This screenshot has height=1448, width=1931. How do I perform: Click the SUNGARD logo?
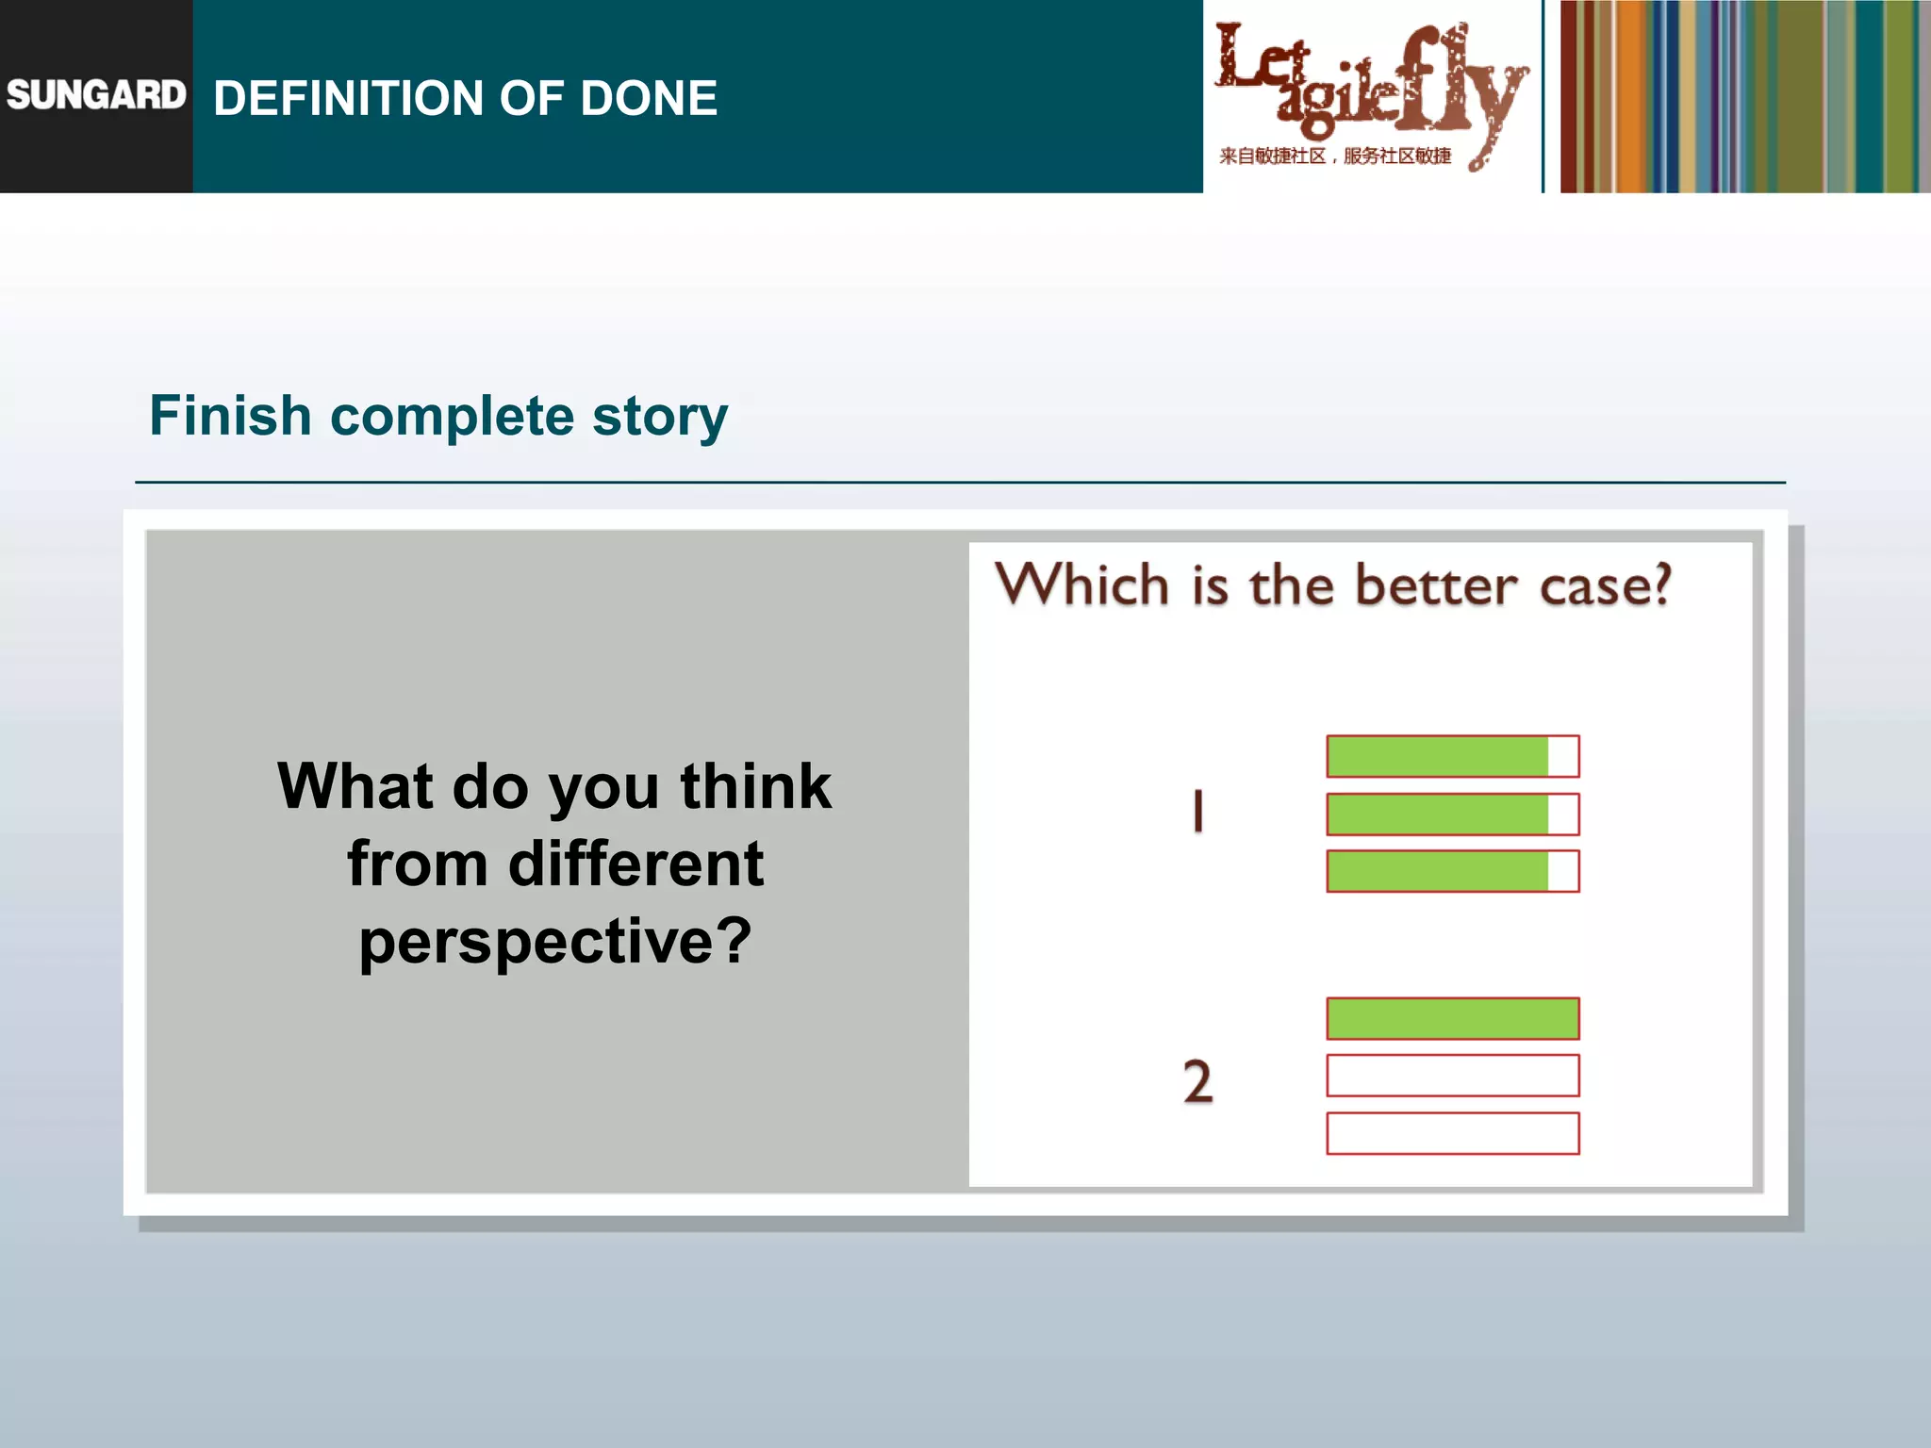click(x=96, y=95)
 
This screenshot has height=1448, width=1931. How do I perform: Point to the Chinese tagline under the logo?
click(x=1334, y=156)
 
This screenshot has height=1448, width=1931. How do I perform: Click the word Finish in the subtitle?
click(x=230, y=416)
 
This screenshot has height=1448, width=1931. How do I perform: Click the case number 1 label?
click(x=1197, y=812)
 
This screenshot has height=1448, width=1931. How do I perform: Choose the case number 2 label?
click(x=1197, y=1080)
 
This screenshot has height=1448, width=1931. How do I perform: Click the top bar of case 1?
click(x=1452, y=756)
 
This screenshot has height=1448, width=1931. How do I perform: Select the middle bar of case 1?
click(x=1452, y=814)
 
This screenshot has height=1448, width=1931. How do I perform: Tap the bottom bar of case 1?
click(x=1452, y=871)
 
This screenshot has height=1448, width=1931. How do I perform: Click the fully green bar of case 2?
click(x=1452, y=1018)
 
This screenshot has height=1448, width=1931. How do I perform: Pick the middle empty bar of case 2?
click(x=1452, y=1076)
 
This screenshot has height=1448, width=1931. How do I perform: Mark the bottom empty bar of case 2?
click(x=1452, y=1133)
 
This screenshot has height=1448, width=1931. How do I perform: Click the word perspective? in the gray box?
click(x=555, y=942)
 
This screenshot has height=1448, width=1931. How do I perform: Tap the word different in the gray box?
click(x=635, y=864)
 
